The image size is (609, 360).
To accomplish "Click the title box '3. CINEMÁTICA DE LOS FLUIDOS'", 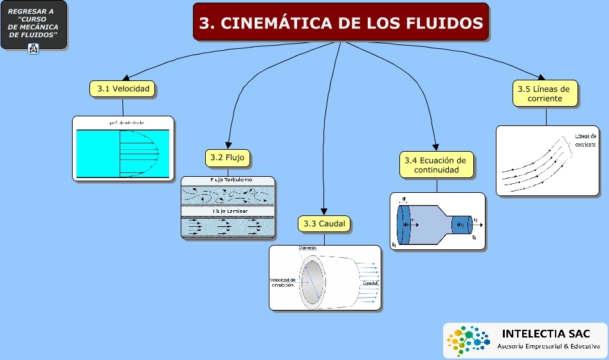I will coord(341,23).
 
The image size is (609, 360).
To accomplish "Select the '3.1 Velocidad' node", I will coord(123,89).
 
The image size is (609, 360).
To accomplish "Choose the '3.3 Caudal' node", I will coord(324,224).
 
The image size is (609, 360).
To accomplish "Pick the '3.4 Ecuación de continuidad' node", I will coord(437,165).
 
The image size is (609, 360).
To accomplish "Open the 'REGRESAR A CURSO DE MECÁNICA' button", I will coord(33,24).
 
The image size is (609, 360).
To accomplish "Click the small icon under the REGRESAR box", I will coord(33,49).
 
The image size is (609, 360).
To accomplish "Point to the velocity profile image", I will coord(123,149).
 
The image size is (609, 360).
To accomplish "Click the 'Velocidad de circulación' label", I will coord(282,282).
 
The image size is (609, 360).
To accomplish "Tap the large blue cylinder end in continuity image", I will coord(405,225).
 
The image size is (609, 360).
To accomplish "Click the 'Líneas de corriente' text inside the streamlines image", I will coord(585,140).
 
